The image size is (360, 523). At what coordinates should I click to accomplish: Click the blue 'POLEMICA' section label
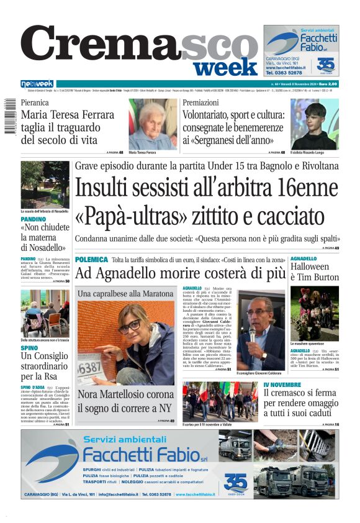coord(91,259)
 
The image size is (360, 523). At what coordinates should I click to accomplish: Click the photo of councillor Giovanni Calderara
coord(263,329)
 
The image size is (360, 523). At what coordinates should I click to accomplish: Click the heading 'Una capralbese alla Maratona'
coord(125,293)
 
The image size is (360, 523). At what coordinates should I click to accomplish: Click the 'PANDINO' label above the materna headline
coord(33,219)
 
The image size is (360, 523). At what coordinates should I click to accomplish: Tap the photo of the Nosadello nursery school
coord(45,184)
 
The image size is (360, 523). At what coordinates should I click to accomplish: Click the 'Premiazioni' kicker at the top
coord(200,102)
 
